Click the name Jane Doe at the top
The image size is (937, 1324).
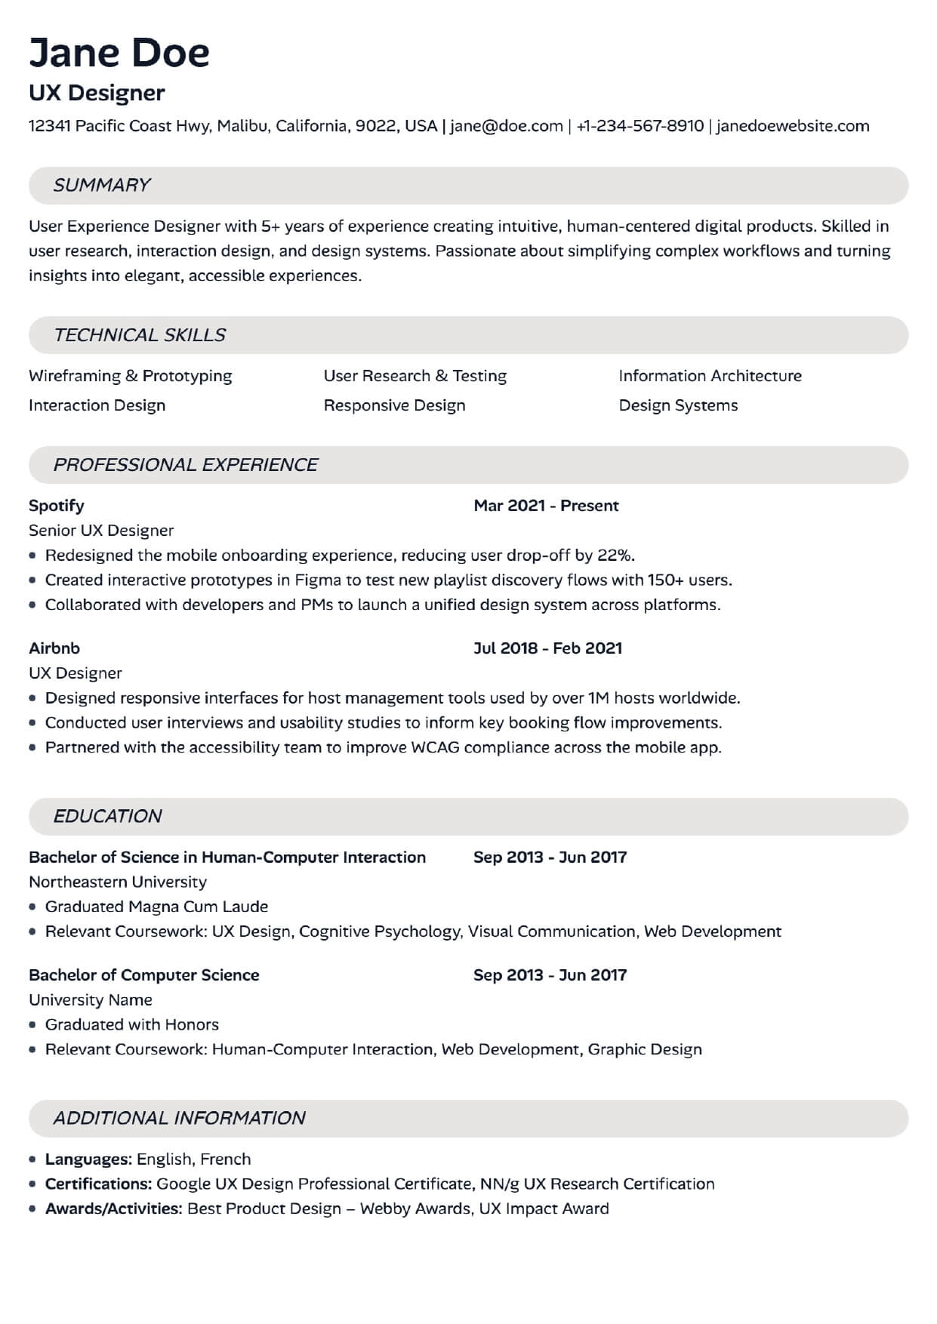pyautogui.click(x=119, y=53)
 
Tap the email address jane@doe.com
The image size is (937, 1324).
pyautogui.click(x=506, y=126)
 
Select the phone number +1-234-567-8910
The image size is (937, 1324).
pyautogui.click(x=640, y=126)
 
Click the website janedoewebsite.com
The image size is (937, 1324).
pyautogui.click(x=793, y=126)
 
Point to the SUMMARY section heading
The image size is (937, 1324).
pyautogui.click(x=102, y=186)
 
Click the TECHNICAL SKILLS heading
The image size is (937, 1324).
pyautogui.click(x=140, y=335)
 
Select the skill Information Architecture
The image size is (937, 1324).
pyautogui.click(x=710, y=376)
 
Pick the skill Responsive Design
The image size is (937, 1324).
pyautogui.click(x=394, y=405)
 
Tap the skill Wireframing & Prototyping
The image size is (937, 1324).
pyautogui.click(x=131, y=376)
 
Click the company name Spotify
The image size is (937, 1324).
pyautogui.click(x=57, y=506)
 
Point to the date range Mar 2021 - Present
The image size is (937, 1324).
pyautogui.click(x=546, y=506)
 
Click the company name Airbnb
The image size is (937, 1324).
pyautogui.click(x=54, y=648)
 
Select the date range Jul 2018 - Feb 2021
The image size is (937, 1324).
pyautogui.click(x=547, y=648)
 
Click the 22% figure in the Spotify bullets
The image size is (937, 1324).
pyautogui.click(x=615, y=556)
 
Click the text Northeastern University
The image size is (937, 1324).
pyautogui.click(x=118, y=882)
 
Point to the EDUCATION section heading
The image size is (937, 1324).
pyautogui.click(x=107, y=816)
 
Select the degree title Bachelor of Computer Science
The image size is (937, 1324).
pyautogui.click(x=144, y=975)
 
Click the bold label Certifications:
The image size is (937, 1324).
pyautogui.click(x=99, y=1184)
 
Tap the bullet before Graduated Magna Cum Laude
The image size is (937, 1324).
pyautogui.click(x=32, y=907)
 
